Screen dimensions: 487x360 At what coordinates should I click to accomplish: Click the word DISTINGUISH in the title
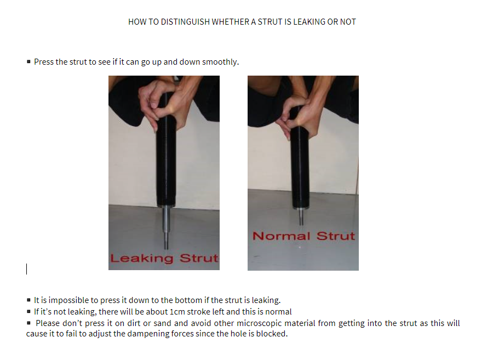185,22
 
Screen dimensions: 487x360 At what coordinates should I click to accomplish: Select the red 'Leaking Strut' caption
164,258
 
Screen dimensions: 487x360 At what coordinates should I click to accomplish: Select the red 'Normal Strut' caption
303,236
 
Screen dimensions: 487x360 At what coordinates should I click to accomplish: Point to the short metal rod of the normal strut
301,216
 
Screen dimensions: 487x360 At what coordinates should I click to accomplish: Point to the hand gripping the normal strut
295,115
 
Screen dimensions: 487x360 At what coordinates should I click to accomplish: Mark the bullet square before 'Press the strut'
28,61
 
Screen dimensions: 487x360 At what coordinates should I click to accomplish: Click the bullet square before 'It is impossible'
28,300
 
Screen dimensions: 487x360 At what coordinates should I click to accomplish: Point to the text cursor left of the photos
27,269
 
